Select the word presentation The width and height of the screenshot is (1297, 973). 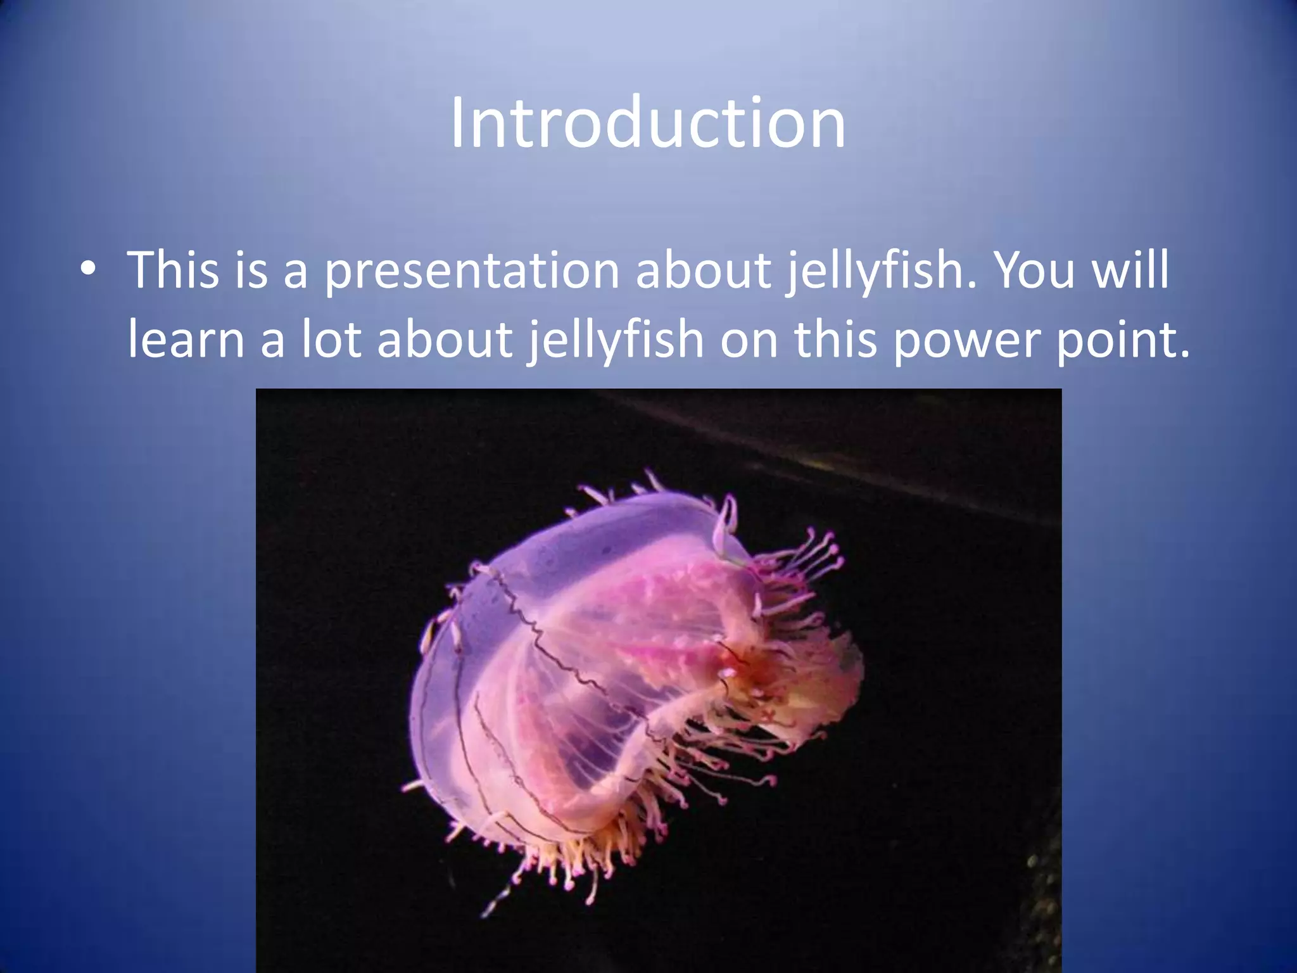(472, 271)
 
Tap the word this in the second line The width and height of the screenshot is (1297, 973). (836, 340)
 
